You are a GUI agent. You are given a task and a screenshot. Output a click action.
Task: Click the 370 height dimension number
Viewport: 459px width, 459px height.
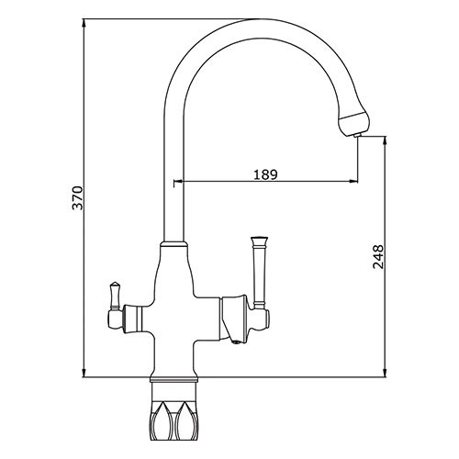77,197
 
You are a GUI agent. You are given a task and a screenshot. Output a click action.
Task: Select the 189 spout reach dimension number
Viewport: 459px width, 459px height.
265,174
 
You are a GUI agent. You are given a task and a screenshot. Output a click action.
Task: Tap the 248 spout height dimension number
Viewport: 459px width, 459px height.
378,256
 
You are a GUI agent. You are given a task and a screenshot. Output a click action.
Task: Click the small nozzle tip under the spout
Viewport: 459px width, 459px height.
357,136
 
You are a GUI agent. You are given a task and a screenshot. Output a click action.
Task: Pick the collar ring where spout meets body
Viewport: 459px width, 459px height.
174,244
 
